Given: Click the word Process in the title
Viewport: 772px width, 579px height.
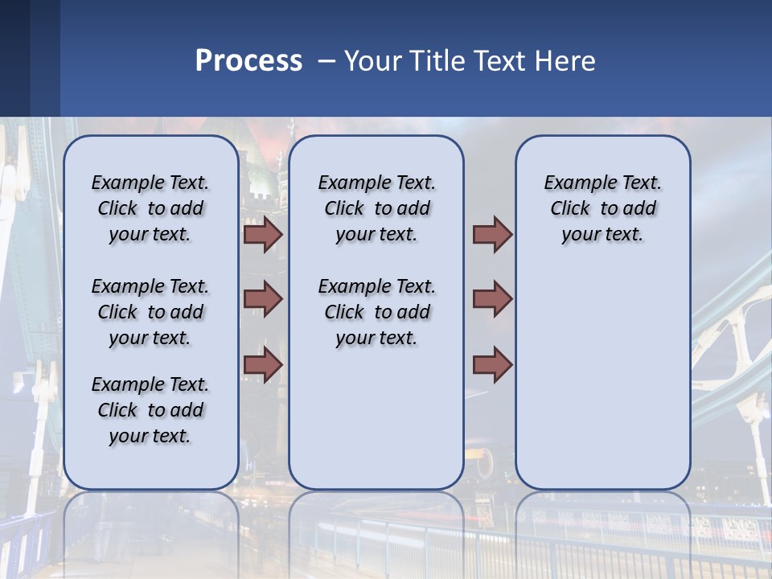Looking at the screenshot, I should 248,61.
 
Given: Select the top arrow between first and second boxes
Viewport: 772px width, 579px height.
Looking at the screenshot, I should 262,235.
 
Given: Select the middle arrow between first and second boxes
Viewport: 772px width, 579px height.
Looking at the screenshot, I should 262,299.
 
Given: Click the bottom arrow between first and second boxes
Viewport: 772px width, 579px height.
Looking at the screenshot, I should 262,364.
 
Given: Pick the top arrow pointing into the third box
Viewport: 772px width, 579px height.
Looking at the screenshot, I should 492,235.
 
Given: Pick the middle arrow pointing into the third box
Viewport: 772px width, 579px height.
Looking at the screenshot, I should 492,299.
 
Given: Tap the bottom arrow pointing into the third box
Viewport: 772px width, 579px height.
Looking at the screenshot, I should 492,364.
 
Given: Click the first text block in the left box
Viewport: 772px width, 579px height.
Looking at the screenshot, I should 150,208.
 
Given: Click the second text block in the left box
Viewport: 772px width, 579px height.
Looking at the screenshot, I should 150,312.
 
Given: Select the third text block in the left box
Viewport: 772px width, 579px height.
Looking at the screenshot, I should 150,410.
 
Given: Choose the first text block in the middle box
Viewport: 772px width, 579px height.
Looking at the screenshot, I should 377,208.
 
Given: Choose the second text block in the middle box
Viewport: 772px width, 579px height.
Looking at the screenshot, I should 377,312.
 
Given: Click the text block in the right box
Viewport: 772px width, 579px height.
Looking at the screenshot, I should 603,208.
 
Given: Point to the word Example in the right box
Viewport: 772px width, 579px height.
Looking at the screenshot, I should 574,183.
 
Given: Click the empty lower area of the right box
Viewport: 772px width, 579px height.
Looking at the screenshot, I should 603,378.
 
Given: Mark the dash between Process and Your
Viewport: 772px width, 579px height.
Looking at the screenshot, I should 326,61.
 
